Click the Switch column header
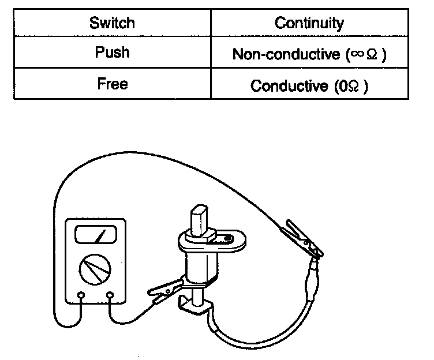coord(113,24)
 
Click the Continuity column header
coord(309,24)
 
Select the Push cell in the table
coord(113,53)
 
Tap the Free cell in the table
coord(113,85)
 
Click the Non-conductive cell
coord(309,54)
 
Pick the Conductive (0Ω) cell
coord(309,86)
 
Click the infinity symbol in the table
coord(355,54)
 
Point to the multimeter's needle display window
coord(95,235)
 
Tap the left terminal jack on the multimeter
coord(81,296)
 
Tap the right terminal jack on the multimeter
coord(110,296)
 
